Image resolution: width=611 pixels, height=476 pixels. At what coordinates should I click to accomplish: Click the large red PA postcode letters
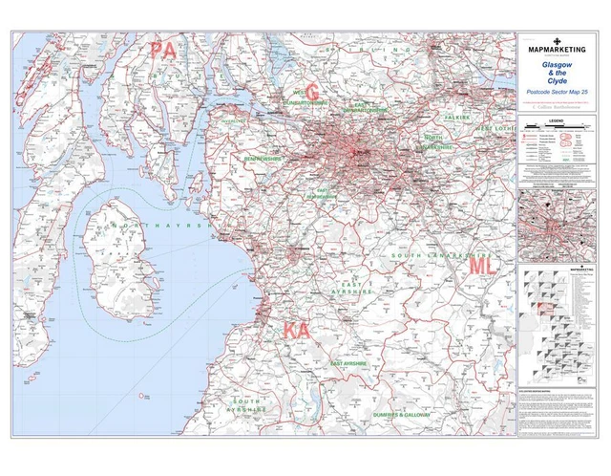(x=162, y=51)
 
